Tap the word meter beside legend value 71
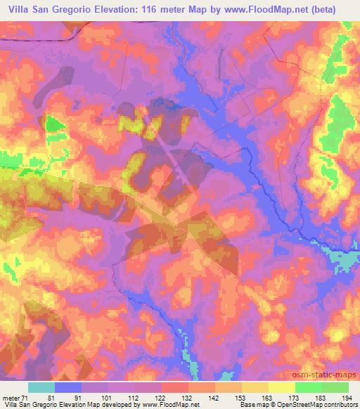[x=10, y=398]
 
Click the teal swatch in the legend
[x=41, y=387]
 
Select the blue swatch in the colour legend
[x=68, y=387]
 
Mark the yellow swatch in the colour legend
[x=282, y=387]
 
